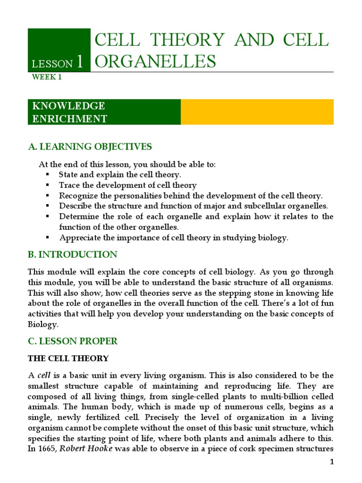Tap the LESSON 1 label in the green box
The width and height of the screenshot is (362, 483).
[x=58, y=62]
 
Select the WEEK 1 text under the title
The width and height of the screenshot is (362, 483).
[x=46, y=77]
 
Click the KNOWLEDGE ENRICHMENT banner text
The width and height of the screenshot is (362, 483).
[x=69, y=112]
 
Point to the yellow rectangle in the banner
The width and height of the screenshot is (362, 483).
[x=257, y=112]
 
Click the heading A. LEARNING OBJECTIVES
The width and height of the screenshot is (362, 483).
[x=90, y=147]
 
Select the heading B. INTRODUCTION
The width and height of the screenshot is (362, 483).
[x=73, y=255]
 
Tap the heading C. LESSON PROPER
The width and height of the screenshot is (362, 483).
[x=73, y=341]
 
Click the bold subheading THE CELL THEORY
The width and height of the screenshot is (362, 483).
[x=68, y=358]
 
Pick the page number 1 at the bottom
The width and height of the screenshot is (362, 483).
[x=331, y=462]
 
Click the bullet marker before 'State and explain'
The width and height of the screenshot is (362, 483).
[x=48, y=175]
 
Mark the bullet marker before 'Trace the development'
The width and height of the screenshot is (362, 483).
[x=48, y=185]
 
